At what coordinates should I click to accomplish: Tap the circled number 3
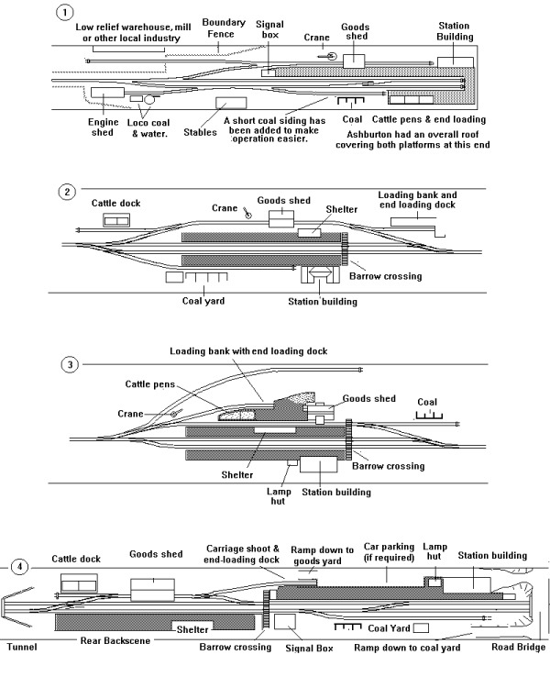[68, 363]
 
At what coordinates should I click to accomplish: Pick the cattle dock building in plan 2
[116, 220]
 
